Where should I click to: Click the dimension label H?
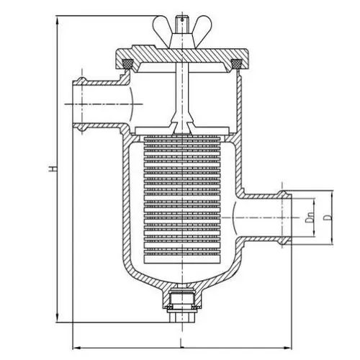tap(53, 168)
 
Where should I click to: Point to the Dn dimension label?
tap(310, 217)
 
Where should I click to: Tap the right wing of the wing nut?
tap(203, 26)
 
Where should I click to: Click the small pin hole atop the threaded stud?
tap(182, 19)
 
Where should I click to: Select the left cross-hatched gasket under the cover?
tap(128, 63)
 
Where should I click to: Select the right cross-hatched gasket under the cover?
tap(236, 63)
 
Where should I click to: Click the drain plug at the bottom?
tap(182, 307)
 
